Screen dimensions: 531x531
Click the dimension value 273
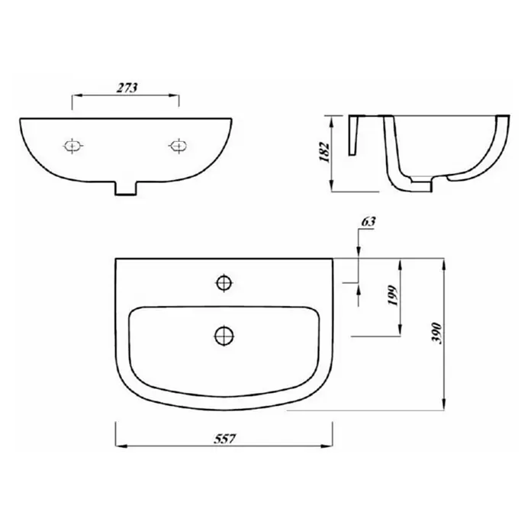pos(127,88)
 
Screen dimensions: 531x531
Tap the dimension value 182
pos(325,153)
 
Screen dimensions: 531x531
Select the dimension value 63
pos(368,221)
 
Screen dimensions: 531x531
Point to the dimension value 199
pos(392,296)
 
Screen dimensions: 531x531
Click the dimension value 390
pos(437,333)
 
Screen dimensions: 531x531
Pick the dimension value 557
pos(224,439)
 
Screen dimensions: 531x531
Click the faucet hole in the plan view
pos(224,282)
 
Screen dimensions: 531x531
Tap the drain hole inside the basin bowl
pos(224,336)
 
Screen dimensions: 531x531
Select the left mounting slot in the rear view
pos(72,146)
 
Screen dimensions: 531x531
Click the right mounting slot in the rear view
pos(178,146)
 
